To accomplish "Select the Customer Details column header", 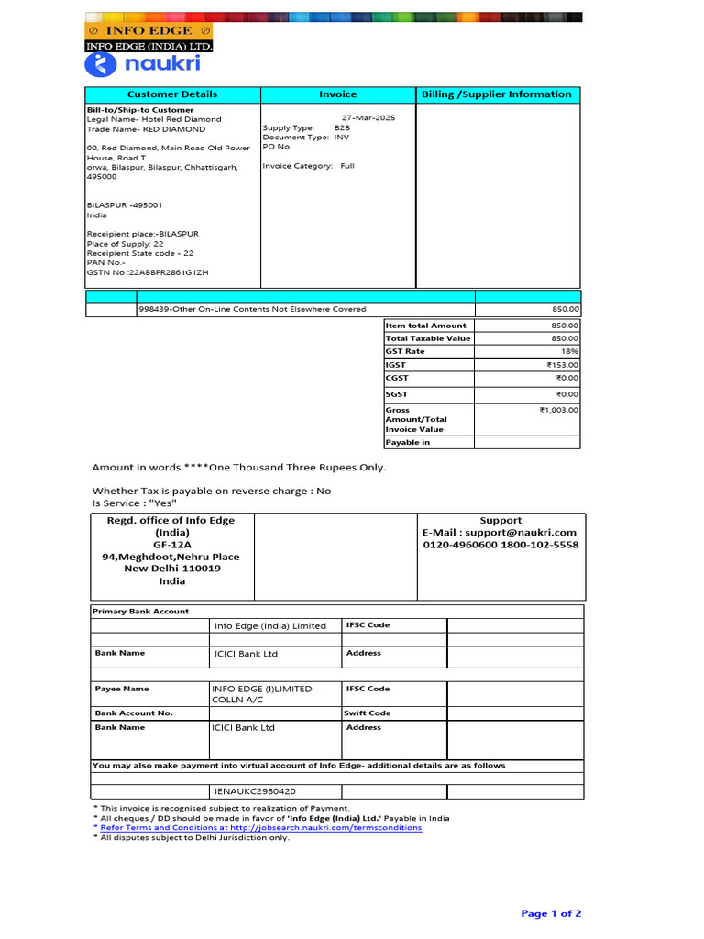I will pos(172,94).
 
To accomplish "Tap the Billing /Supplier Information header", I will pos(496,94).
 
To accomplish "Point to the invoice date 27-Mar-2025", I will pos(368,118).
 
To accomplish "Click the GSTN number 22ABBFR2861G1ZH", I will pos(148,272).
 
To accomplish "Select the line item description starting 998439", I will pos(252,309).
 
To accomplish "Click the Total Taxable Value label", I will pos(427,338).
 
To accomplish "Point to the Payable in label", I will pos(408,442).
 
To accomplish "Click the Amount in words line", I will pos(239,468).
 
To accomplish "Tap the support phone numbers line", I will pos(500,545).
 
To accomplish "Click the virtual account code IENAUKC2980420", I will pos(255,790).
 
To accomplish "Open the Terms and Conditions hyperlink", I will pos(260,827).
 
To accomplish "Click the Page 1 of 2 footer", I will pos(551,913).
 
